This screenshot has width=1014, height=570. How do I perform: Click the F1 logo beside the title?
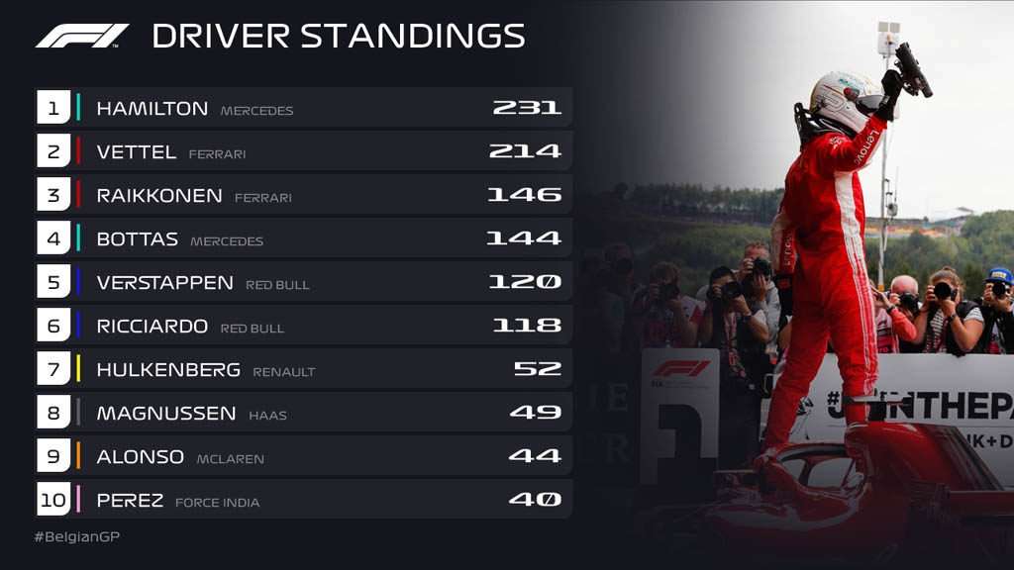coord(82,37)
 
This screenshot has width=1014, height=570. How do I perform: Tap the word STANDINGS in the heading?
coord(413,37)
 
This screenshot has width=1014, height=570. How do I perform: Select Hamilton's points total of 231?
coord(527,107)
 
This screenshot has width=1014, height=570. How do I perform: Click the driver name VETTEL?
coord(137,151)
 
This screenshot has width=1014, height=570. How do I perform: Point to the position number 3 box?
coord(53,195)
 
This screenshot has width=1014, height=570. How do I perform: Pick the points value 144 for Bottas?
coord(523,237)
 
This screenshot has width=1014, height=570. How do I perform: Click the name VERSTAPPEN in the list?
coord(165,282)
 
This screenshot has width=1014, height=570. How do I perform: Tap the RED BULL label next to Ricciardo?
coord(253,329)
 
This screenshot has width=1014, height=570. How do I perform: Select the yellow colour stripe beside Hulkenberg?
coord(78,368)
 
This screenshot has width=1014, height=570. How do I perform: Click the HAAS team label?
coord(267,416)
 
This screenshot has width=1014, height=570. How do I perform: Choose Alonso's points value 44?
coord(534,455)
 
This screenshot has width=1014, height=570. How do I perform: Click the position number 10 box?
coord(53,499)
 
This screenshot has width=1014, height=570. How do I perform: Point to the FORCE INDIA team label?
coord(217,502)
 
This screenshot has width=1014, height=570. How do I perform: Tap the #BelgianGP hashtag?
coord(77,536)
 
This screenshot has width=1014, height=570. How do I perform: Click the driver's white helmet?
coord(843,100)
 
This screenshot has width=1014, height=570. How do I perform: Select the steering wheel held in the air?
coord(913,70)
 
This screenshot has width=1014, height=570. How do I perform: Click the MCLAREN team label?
coord(230,459)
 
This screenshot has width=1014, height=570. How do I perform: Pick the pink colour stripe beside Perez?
coord(78,499)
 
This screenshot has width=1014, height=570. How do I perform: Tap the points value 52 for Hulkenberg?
coord(537,368)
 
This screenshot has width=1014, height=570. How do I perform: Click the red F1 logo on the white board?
coord(680,369)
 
